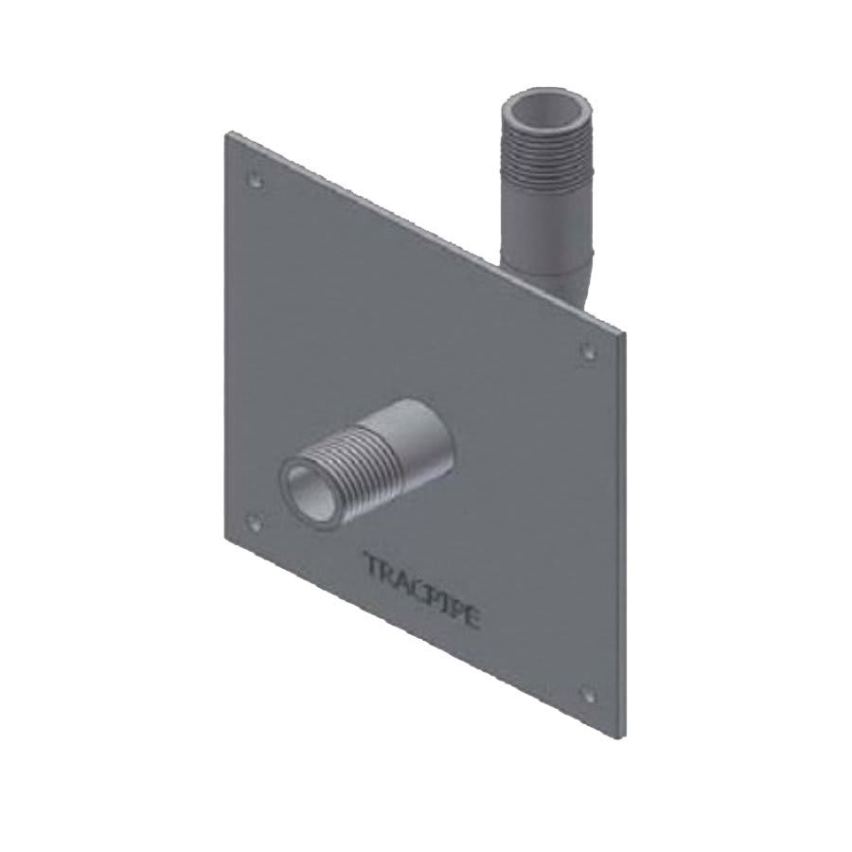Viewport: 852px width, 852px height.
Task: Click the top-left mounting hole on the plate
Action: point(253,178)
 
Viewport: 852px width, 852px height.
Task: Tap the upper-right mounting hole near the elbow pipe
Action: point(587,352)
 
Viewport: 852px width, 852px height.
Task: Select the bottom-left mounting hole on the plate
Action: point(253,520)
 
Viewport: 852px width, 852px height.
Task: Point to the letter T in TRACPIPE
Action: point(372,565)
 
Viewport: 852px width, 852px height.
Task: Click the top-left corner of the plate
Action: point(223,133)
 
